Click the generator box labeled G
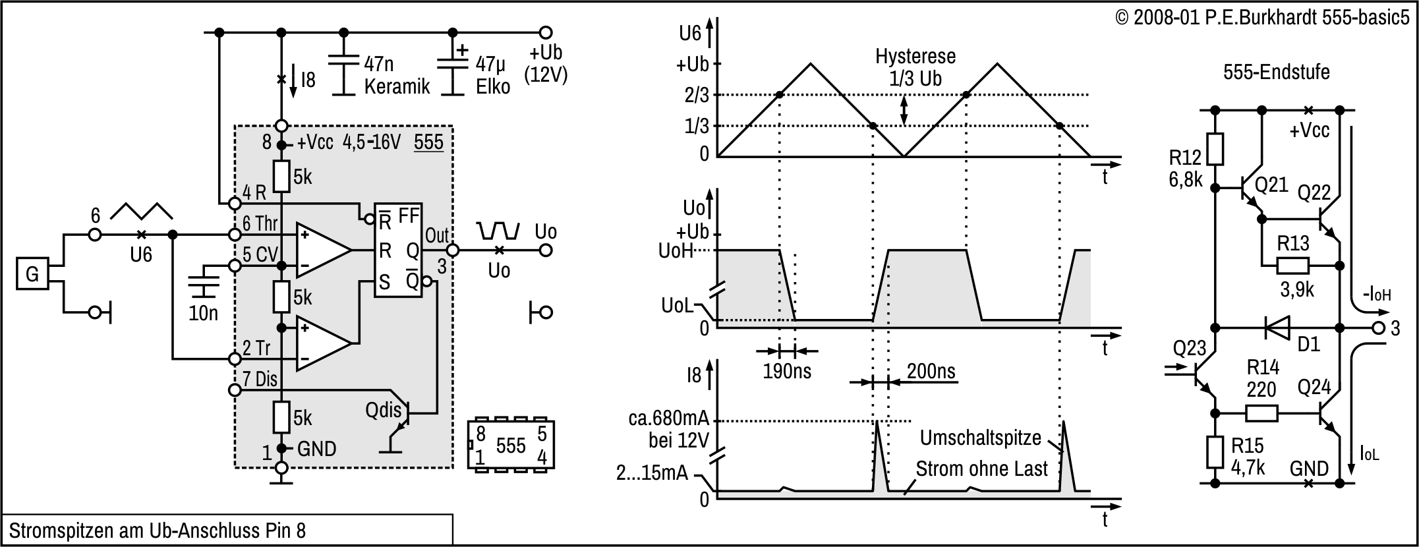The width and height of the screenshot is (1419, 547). (x=32, y=273)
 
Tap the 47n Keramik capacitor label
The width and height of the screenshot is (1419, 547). (x=396, y=75)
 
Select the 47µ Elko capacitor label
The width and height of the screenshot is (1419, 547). (x=492, y=75)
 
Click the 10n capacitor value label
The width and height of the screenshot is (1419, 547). (x=203, y=313)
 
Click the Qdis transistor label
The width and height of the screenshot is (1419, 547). (x=383, y=410)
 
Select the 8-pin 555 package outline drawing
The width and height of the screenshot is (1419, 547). (x=511, y=445)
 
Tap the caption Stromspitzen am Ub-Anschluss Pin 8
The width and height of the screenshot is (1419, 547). (x=158, y=531)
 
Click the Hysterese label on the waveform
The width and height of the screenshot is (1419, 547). (x=915, y=57)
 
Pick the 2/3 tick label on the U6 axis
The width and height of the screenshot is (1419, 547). (x=697, y=96)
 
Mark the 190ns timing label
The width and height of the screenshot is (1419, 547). (x=787, y=371)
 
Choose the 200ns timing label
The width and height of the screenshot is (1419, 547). (x=931, y=371)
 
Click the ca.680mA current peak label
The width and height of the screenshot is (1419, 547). (x=668, y=418)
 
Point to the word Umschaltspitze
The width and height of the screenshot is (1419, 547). (x=980, y=438)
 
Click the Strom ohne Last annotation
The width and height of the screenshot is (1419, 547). (x=981, y=469)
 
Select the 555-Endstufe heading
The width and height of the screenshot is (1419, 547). (x=1276, y=72)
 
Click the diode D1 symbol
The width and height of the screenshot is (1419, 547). (x=1277, y=328)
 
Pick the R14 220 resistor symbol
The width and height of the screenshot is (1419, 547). (x=1261, y=413)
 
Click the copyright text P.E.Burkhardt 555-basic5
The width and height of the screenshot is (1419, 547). (x=1261, y=18)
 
